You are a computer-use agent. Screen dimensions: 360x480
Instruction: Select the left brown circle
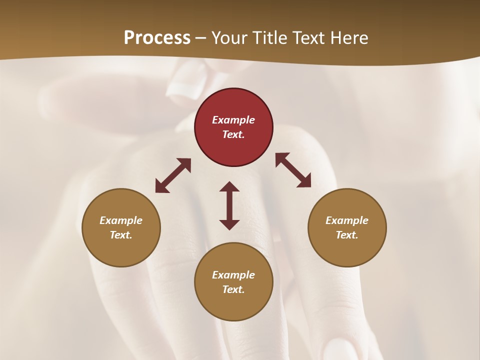[x=121, y=227]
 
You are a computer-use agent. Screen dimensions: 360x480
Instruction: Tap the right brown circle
[x=347, y=227]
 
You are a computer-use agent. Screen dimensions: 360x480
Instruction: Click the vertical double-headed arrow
[x=229, y=205]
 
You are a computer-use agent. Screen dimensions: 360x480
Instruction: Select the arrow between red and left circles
[x=173, y=175]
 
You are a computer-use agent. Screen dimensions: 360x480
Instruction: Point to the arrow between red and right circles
[x=293, y=170]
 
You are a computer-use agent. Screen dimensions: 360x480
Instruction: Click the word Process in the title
[x=157, y=38]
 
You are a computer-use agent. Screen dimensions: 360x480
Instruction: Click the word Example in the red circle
[x=233, y=120]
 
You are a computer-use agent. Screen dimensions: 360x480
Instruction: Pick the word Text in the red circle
[x=233, y=134]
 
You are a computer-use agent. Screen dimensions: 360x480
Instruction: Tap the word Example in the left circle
[x=121, y=220]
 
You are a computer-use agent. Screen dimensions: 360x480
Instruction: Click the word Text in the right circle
[x=347, y=235]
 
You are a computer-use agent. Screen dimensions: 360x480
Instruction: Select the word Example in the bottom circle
[x=233, y=275]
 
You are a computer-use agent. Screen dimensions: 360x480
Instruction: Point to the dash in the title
[x=201, y=38]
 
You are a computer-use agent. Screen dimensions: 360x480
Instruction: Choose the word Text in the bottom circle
[x=233, y=289]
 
